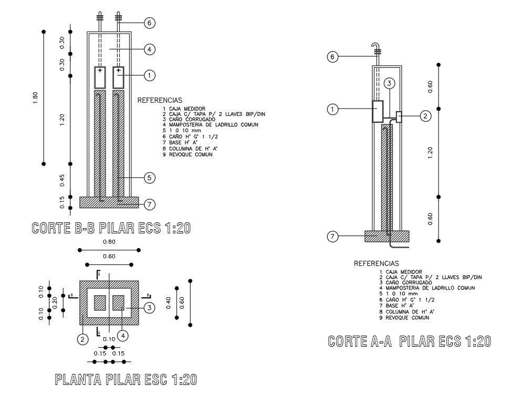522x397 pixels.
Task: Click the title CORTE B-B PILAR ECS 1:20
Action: [111, 228]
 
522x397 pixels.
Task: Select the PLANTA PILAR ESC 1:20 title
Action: [126, 380]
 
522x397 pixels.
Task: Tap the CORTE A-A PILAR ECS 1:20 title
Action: [409, 341]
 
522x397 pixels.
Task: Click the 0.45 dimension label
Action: [62, 180]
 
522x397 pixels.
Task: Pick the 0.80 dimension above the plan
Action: [109, 242]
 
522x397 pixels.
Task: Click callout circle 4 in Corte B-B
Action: [149, 49]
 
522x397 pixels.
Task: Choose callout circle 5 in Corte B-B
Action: [149, 178]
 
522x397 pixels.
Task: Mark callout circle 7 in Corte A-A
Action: [332, 237]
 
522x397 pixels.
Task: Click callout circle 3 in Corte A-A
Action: [389, 83]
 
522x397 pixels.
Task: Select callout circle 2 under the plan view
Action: [82, 339]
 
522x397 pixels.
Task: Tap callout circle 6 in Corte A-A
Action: [332, 57]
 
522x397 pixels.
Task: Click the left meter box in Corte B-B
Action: [100, 77]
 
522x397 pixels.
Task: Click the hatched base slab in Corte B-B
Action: [109, 202]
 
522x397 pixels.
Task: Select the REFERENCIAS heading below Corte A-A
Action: [376, 263]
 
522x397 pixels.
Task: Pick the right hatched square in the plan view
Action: [118, 303]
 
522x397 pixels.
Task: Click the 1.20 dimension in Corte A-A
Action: [430, 153]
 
